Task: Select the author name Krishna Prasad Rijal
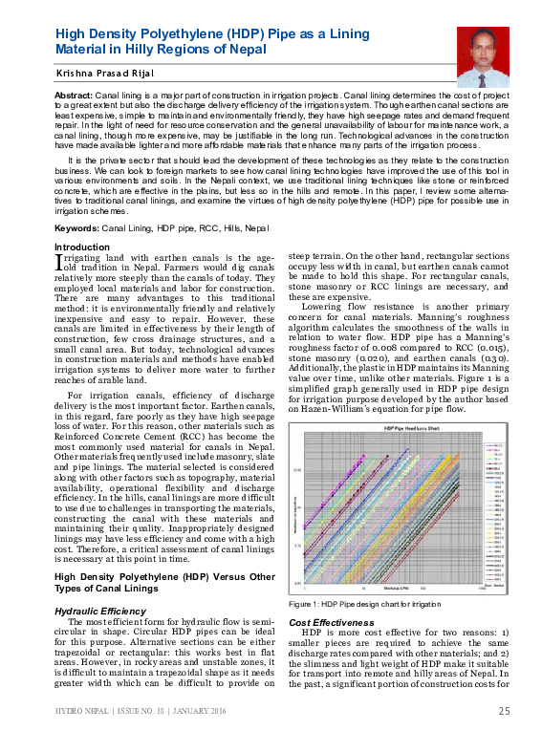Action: pyautogui.click(x=97, y=73)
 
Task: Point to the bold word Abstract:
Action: pyautogui.click(x=74, y=97)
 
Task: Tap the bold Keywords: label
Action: pyautogui.click(x=76, y=229)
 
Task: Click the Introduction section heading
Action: pyautogui.click(x=81, y=247)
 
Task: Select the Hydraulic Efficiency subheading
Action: pyautogui.click(x=100, y=610)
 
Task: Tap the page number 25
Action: pyautogui.click(x=504, y=711)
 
